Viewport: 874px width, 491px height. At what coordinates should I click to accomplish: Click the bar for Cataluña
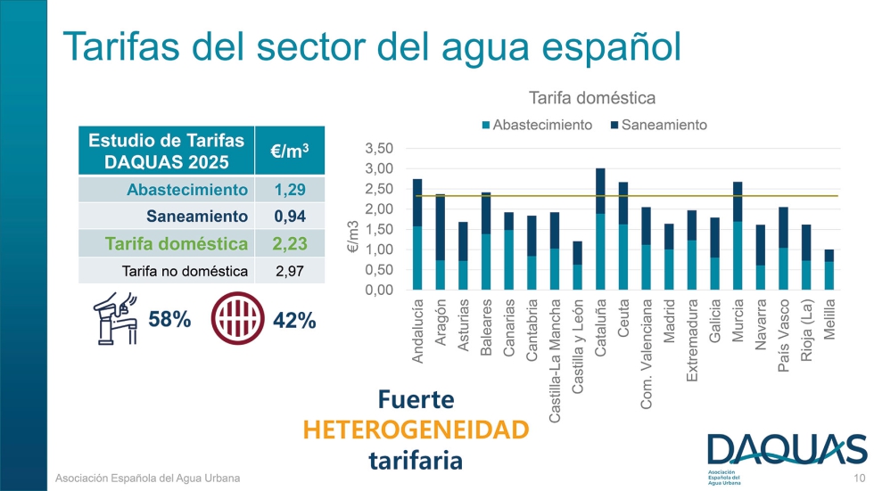coord(601,229)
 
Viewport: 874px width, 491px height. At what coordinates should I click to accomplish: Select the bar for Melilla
coord(829,270)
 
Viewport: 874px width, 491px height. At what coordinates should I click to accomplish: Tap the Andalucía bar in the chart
coord(417,234)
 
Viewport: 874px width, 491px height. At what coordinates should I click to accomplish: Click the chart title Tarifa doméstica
coord(592,97)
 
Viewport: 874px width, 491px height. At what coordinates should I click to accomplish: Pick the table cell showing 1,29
coord(290,190)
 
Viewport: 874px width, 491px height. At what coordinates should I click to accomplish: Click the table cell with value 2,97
coord(290,271)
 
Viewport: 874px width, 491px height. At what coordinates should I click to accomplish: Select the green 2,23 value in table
coord(290,244)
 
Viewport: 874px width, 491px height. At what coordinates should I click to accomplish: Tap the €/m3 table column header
coord(290,151)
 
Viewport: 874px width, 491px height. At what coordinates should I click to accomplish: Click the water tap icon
coord(114,319)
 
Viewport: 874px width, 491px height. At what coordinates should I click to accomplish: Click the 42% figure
coord(294,321)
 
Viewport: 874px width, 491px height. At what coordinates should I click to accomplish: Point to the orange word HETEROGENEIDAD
coord(416,430)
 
